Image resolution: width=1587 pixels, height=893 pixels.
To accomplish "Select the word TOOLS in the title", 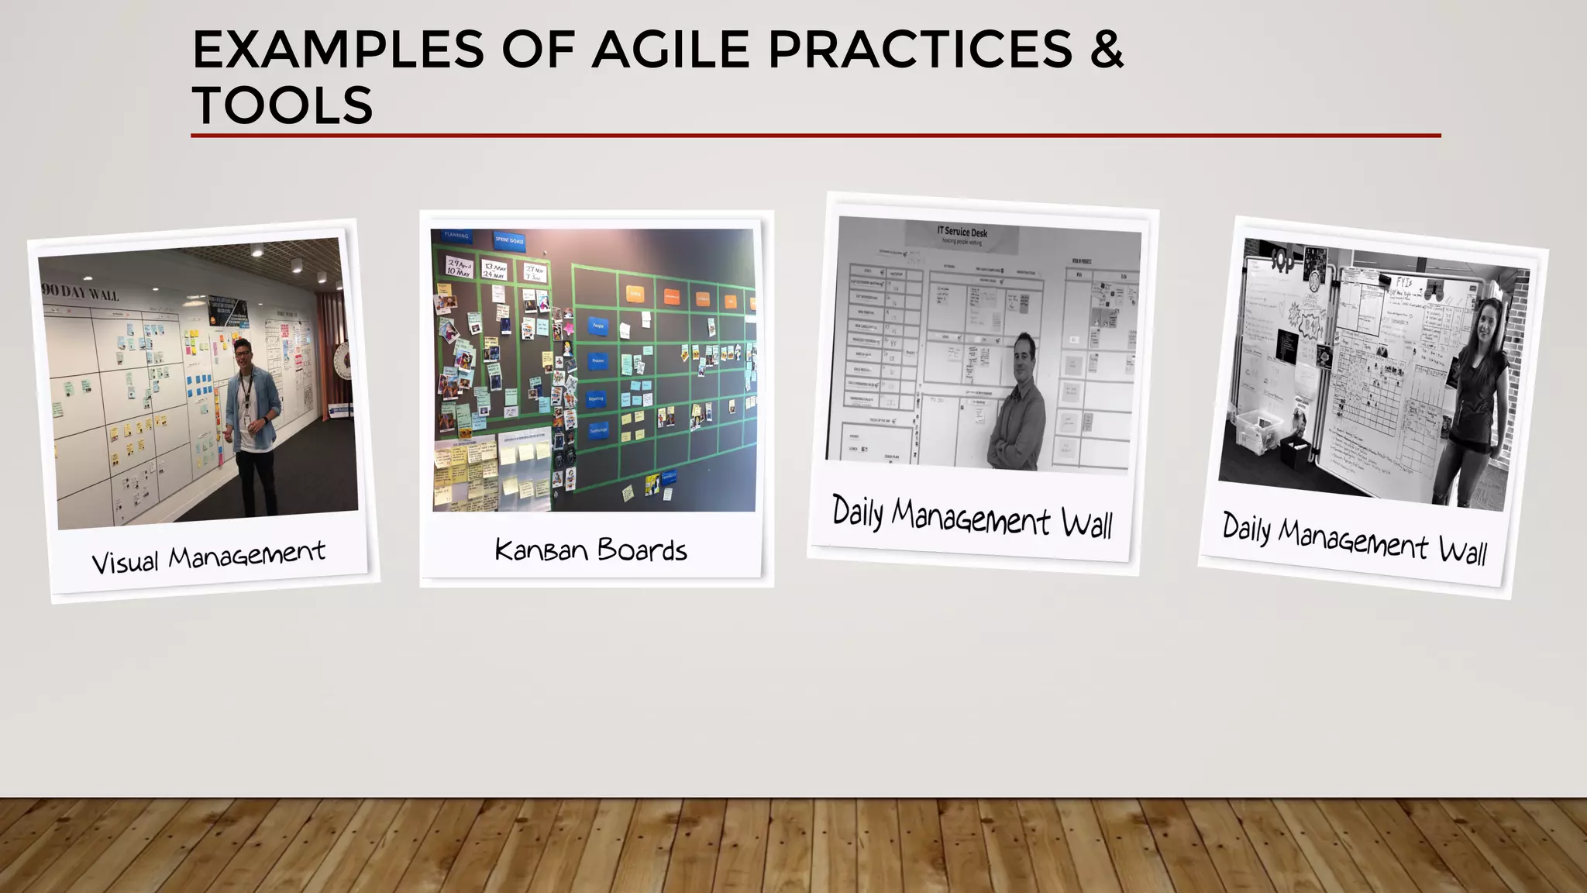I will coord(283,105).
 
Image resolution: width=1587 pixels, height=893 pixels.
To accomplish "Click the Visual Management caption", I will coord(208,557).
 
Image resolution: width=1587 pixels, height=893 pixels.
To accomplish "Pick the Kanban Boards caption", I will coord(590,550).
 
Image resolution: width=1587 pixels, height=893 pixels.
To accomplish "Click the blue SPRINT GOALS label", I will coord(509,240).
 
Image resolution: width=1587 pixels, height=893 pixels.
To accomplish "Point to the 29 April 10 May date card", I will coord(459,268).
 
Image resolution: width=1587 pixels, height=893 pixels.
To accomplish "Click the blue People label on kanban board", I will coord(597,326).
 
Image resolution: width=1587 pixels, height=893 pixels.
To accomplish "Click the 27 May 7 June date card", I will coord(535,273).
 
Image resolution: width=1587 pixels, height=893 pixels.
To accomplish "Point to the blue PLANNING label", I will coord(456,235).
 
